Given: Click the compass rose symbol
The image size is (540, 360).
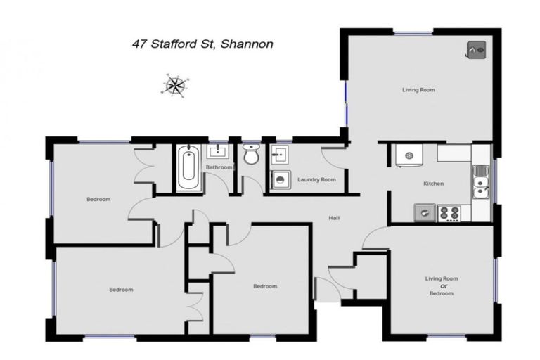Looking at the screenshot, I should click(x=174, y=85).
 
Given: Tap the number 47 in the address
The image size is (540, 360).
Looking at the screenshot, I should click(x=141, y=44).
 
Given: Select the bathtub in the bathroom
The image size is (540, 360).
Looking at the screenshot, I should click(x=188, y=168).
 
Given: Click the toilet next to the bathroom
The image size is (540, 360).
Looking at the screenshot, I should click(x=251, y=156).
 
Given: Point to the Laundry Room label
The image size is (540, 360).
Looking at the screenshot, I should click(x=316, y=180).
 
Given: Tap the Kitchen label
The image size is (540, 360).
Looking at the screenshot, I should click(x=433, y=184).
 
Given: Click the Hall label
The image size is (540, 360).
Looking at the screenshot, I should click(x=335, y=218).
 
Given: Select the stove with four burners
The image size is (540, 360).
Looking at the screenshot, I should click(x=449, y=212).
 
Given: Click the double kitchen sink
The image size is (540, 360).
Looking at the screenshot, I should click(x=481, y=181).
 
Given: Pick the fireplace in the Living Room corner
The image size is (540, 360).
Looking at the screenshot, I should click(x=476, y=50).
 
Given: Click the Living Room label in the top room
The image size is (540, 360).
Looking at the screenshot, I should click(x=418, y=90).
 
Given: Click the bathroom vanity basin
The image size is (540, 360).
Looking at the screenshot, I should click(x=217, y=150).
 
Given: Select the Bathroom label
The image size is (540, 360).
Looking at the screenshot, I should click(x=219, y=167).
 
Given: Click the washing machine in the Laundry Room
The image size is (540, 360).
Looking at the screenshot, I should click(x=281, y=180).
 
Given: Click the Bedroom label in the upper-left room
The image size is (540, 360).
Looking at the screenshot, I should click(x=98, y=199).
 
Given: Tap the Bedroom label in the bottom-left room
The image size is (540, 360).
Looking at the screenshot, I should click(x=121, y=289).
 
